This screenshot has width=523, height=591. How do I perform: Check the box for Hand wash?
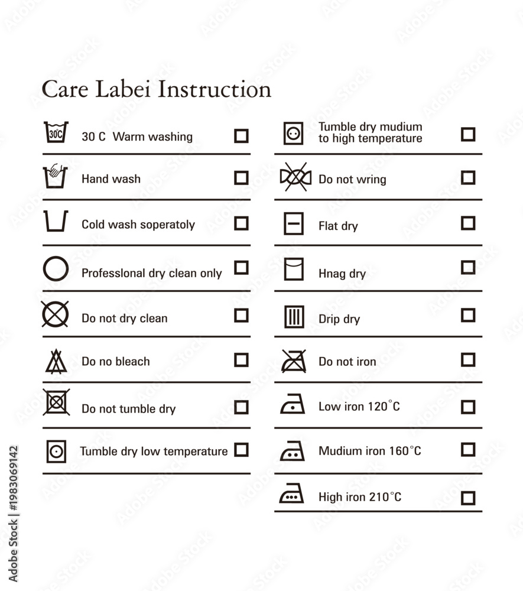point(241,178)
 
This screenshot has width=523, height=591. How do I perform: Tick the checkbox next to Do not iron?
point(468,359)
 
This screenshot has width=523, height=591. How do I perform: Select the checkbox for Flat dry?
point(468,223)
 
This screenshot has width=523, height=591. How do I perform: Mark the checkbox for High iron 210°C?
point(468,498)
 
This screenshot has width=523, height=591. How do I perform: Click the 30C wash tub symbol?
point(56,132)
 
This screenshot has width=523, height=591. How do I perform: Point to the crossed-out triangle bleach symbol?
point(56,361)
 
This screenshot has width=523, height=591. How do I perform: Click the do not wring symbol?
point(296,177)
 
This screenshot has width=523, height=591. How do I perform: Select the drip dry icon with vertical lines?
point(294,317)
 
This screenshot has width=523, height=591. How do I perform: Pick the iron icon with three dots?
point(291,493)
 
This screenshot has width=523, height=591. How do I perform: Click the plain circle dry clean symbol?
point(56,269)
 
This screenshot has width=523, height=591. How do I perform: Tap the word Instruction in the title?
point(215,89)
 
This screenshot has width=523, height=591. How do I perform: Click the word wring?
point(371,180)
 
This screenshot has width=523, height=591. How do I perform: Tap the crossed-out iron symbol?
point(294,361)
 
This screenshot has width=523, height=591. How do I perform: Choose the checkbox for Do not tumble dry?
point(241,407)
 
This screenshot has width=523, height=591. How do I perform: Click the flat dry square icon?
point(294,223)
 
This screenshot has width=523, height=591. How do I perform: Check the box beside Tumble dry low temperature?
point(241,450)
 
